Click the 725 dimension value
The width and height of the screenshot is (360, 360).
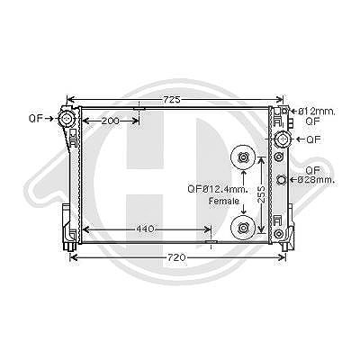tap(172, 99)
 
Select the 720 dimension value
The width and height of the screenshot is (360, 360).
tap(176, 257)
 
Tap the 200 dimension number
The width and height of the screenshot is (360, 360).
tap(110, 121)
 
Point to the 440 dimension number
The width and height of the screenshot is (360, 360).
tap(145, 229)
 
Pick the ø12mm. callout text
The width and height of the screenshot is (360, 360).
tap(316, 112)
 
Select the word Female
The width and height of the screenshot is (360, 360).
tap(224, 201)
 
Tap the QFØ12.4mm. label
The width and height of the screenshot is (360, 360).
tap(218, 189)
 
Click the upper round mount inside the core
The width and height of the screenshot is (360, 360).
tap(242, 157)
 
